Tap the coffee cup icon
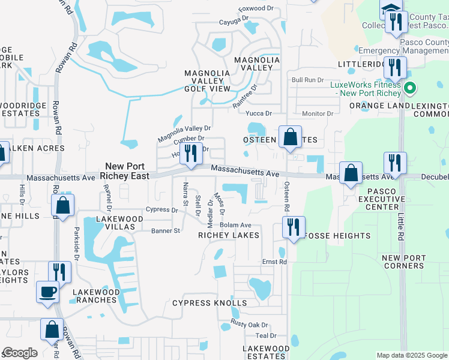coord(48,293)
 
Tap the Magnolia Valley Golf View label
coord(207,81)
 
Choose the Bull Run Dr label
coord(307,80)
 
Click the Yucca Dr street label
coord(259,113)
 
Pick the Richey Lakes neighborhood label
coord(229,235)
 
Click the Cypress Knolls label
coord(209,303)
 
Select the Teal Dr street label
coord(265,336)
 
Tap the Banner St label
coord(165,230)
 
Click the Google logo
coord(20,353)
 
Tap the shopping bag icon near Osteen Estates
coord(290,137)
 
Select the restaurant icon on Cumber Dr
coord(190,154)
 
